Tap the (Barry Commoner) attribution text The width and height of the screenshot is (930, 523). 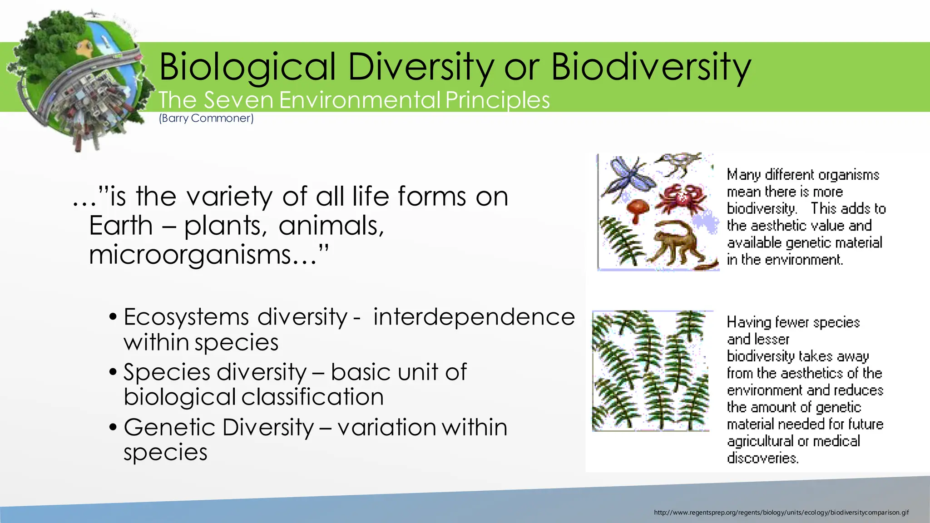click(206, 118)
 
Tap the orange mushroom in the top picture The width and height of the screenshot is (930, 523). click(638, 209)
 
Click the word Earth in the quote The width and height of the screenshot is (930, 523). click(121, 226)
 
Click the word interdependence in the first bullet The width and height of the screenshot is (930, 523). click(474, 317)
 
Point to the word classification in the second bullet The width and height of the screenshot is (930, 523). click(312, 397)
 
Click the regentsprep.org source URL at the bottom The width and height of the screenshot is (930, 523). click(781, 513)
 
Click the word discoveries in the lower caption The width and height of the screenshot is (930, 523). click(762, 458)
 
